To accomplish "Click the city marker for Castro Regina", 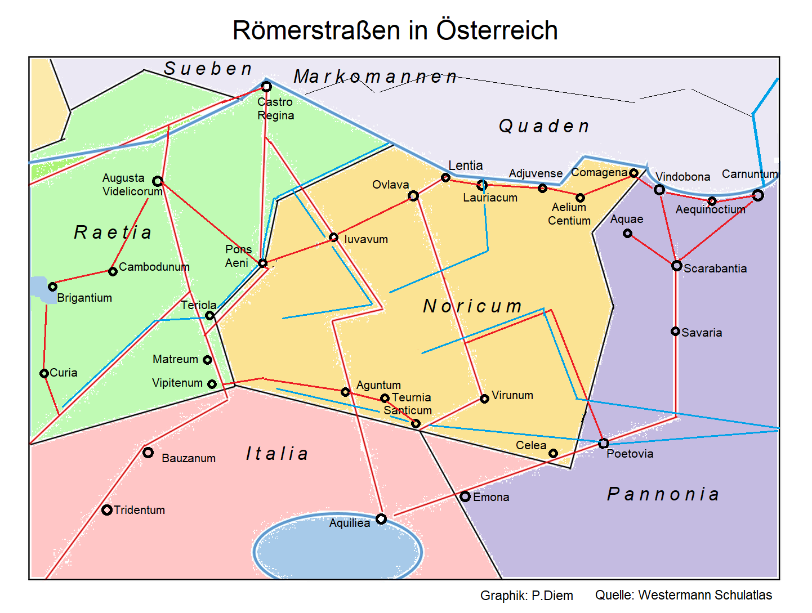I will point(266,86).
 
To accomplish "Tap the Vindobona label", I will point(682,177).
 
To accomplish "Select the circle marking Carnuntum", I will point(758,195).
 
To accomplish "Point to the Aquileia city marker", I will point(381,518).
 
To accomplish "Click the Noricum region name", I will point(472,306).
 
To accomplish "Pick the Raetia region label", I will point(113,232).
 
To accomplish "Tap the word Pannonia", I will point(663,494).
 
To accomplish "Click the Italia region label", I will point(276,454).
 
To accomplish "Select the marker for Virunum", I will point(484,399).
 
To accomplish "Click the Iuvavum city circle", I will point(333,238).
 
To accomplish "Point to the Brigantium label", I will point(84,298).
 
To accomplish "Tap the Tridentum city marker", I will point(106,510).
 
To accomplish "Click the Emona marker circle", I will point(465,496).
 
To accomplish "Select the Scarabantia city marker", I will point(677,266).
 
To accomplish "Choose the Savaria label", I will point(702,333).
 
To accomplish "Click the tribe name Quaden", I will point(544,126).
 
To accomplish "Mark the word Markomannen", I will point(375,77).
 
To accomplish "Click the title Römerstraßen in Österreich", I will point(395,30).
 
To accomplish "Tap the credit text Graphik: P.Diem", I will point(527,596).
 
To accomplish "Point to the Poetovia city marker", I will point(604,443).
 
